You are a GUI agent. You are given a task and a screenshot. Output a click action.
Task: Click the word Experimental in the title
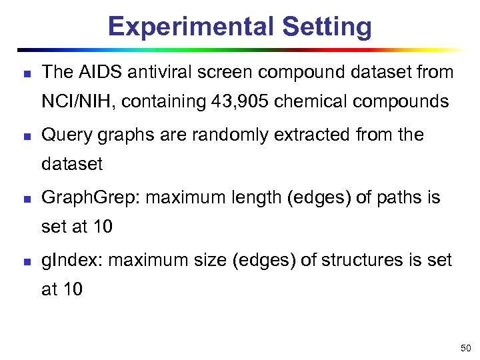[191, 27]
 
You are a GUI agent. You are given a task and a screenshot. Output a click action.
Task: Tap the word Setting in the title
[327, 27]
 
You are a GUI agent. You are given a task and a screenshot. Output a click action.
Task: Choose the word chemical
[307, 102]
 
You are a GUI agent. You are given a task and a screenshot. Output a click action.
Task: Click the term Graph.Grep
[90, 198]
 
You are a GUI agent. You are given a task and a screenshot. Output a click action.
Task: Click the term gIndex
[71, 260]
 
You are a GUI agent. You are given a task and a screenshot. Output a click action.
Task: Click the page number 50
[465, 347]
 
